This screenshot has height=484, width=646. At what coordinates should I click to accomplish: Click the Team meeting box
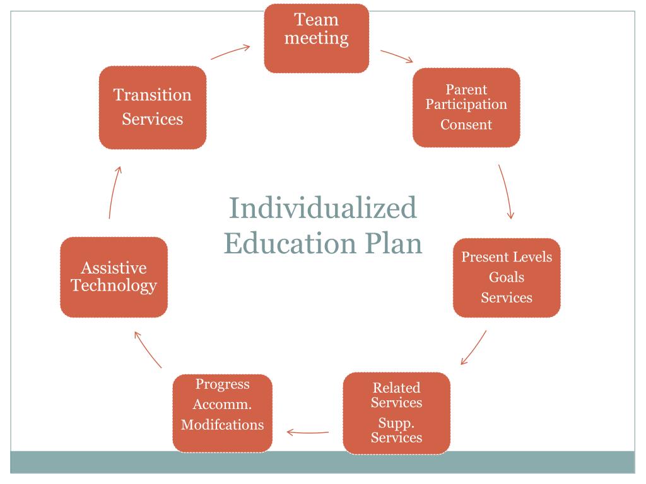click(x=316, y=38)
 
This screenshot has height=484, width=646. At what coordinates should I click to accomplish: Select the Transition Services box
click(x=153, y=107)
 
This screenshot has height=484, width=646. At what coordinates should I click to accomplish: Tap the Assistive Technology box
click(x=114, y=277)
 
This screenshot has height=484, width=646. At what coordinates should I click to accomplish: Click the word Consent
click(x=466, y=124)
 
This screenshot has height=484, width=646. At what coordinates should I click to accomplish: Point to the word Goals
click(x=507, y=277)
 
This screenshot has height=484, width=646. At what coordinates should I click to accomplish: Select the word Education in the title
click(x=282, y=243)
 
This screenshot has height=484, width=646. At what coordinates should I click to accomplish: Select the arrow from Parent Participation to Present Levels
click(x=505, y=192)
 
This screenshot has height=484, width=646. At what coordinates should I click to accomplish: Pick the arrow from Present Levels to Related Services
click(x=474, y=347)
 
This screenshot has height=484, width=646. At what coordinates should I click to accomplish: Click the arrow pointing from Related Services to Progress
click(x=308, y=432)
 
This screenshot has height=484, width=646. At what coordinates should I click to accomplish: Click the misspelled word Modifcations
click(x=222, y=424)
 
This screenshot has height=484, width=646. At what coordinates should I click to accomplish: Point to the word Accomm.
click(x=222, y=404)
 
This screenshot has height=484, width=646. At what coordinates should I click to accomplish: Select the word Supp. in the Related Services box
click(x=396, y=422)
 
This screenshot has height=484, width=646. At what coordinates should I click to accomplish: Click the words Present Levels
click(x=507, y=257)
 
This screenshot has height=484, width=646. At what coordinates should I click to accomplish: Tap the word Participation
click(x=466, y=104)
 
